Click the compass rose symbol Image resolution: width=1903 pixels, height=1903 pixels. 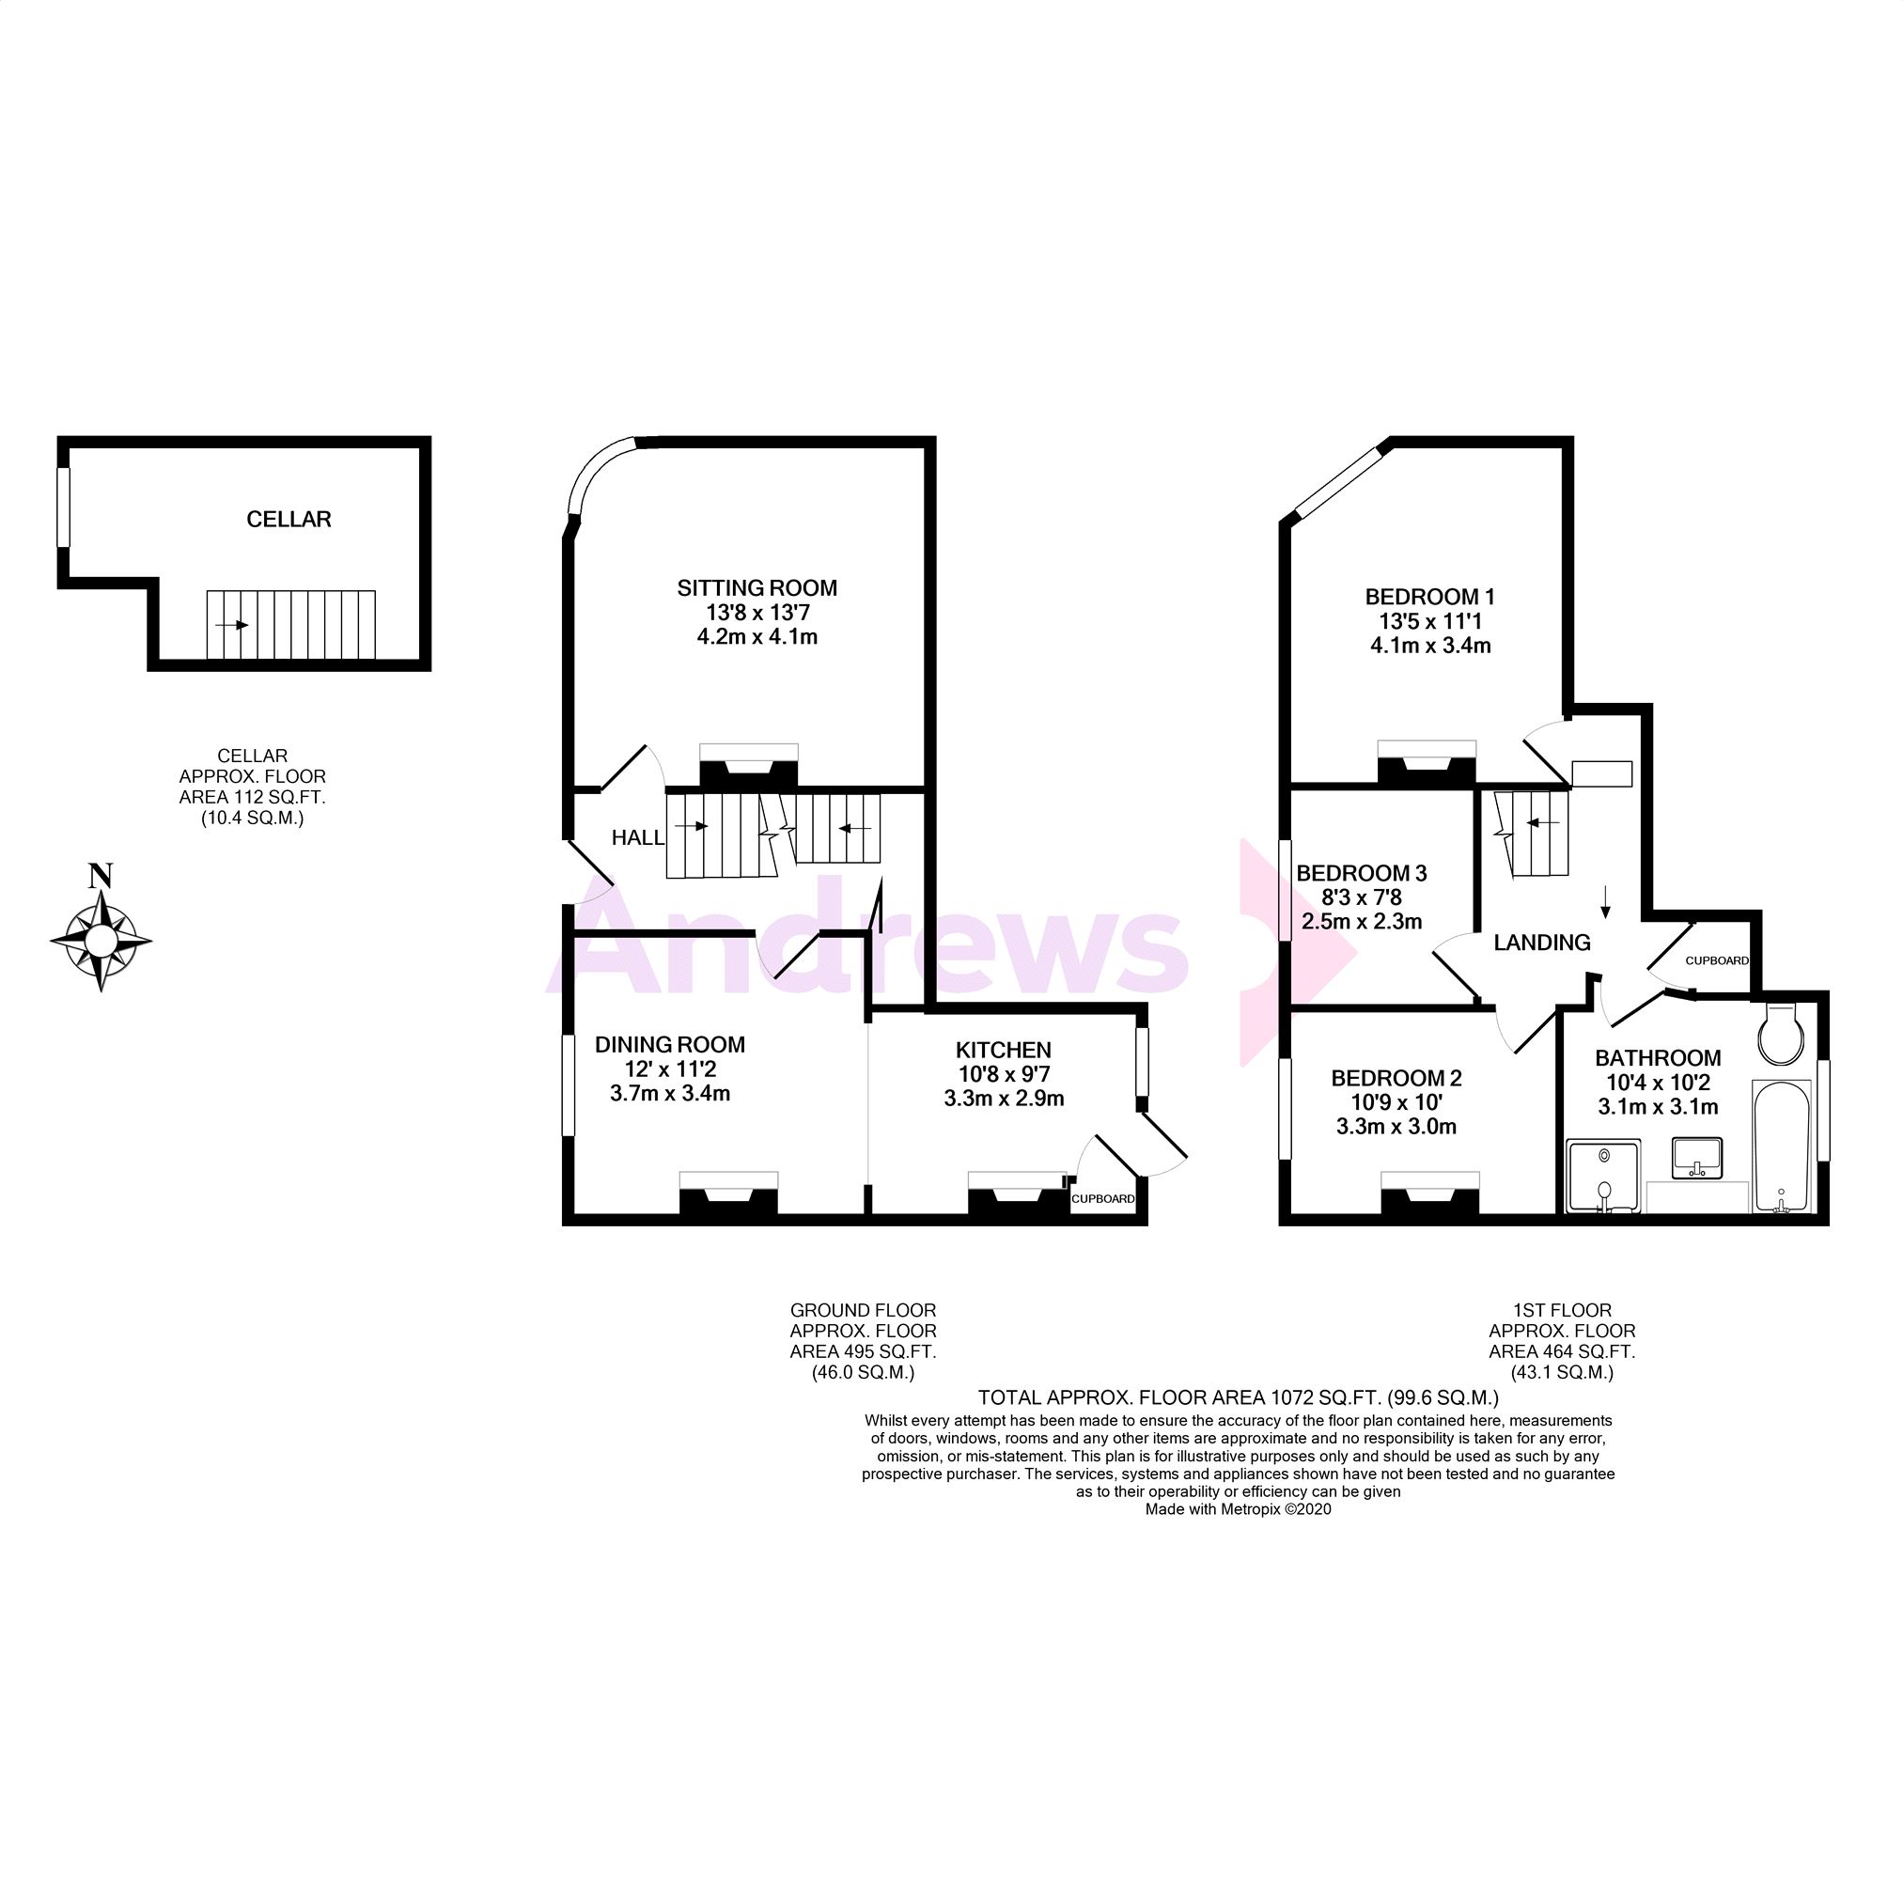(101, 940)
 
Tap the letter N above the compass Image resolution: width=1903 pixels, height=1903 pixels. (101, 874)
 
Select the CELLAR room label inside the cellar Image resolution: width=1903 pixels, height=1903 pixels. (289, 519)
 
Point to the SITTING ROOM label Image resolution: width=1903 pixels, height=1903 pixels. (757, 588)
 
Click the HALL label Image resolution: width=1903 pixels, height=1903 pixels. (637, 837)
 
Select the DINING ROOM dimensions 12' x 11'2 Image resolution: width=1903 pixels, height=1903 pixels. (670, 1068)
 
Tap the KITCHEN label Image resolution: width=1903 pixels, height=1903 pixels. (1004, 1050)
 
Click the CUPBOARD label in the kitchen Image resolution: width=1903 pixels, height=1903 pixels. (1102, 1199)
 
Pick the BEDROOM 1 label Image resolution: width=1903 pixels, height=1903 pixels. (1429, 596)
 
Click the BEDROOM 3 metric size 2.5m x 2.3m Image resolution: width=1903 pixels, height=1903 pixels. (1362, 922)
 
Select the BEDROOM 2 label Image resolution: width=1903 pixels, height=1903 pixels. (1396, 1078)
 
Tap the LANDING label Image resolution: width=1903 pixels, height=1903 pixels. (1541, 943)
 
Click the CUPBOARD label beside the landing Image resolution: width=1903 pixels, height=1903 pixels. (1716, 960)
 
